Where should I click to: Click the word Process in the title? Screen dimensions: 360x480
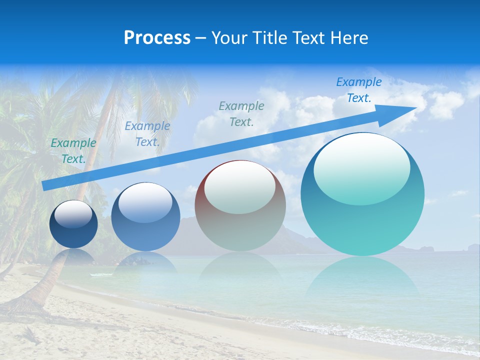[157, 38]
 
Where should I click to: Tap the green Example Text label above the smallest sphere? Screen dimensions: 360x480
[73, 151]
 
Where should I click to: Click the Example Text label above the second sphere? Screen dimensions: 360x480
[147, 134]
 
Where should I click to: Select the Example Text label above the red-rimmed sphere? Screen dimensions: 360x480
[241, 113]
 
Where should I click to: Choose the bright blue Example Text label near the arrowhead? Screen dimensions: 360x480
[358, 90]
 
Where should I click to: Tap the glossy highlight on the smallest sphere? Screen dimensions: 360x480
[73, 214]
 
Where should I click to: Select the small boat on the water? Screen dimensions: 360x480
[97, 274]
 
